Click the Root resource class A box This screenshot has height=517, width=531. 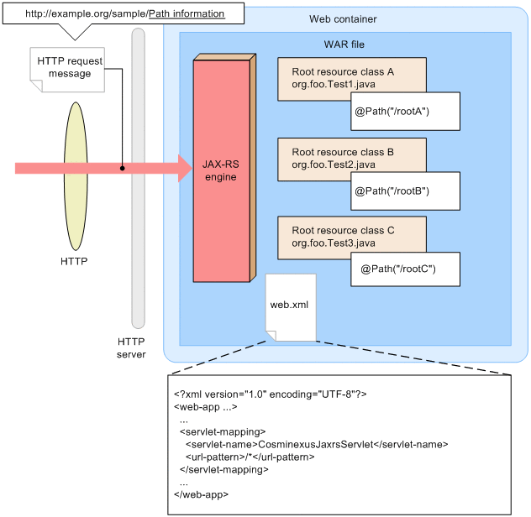[351, 77]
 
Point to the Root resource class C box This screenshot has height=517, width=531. [351, 235]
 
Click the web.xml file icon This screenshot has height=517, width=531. [290, 306]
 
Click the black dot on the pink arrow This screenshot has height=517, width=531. [123, 168]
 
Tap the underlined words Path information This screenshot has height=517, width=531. [187, 14]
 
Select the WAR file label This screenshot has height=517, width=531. [343, 44]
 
